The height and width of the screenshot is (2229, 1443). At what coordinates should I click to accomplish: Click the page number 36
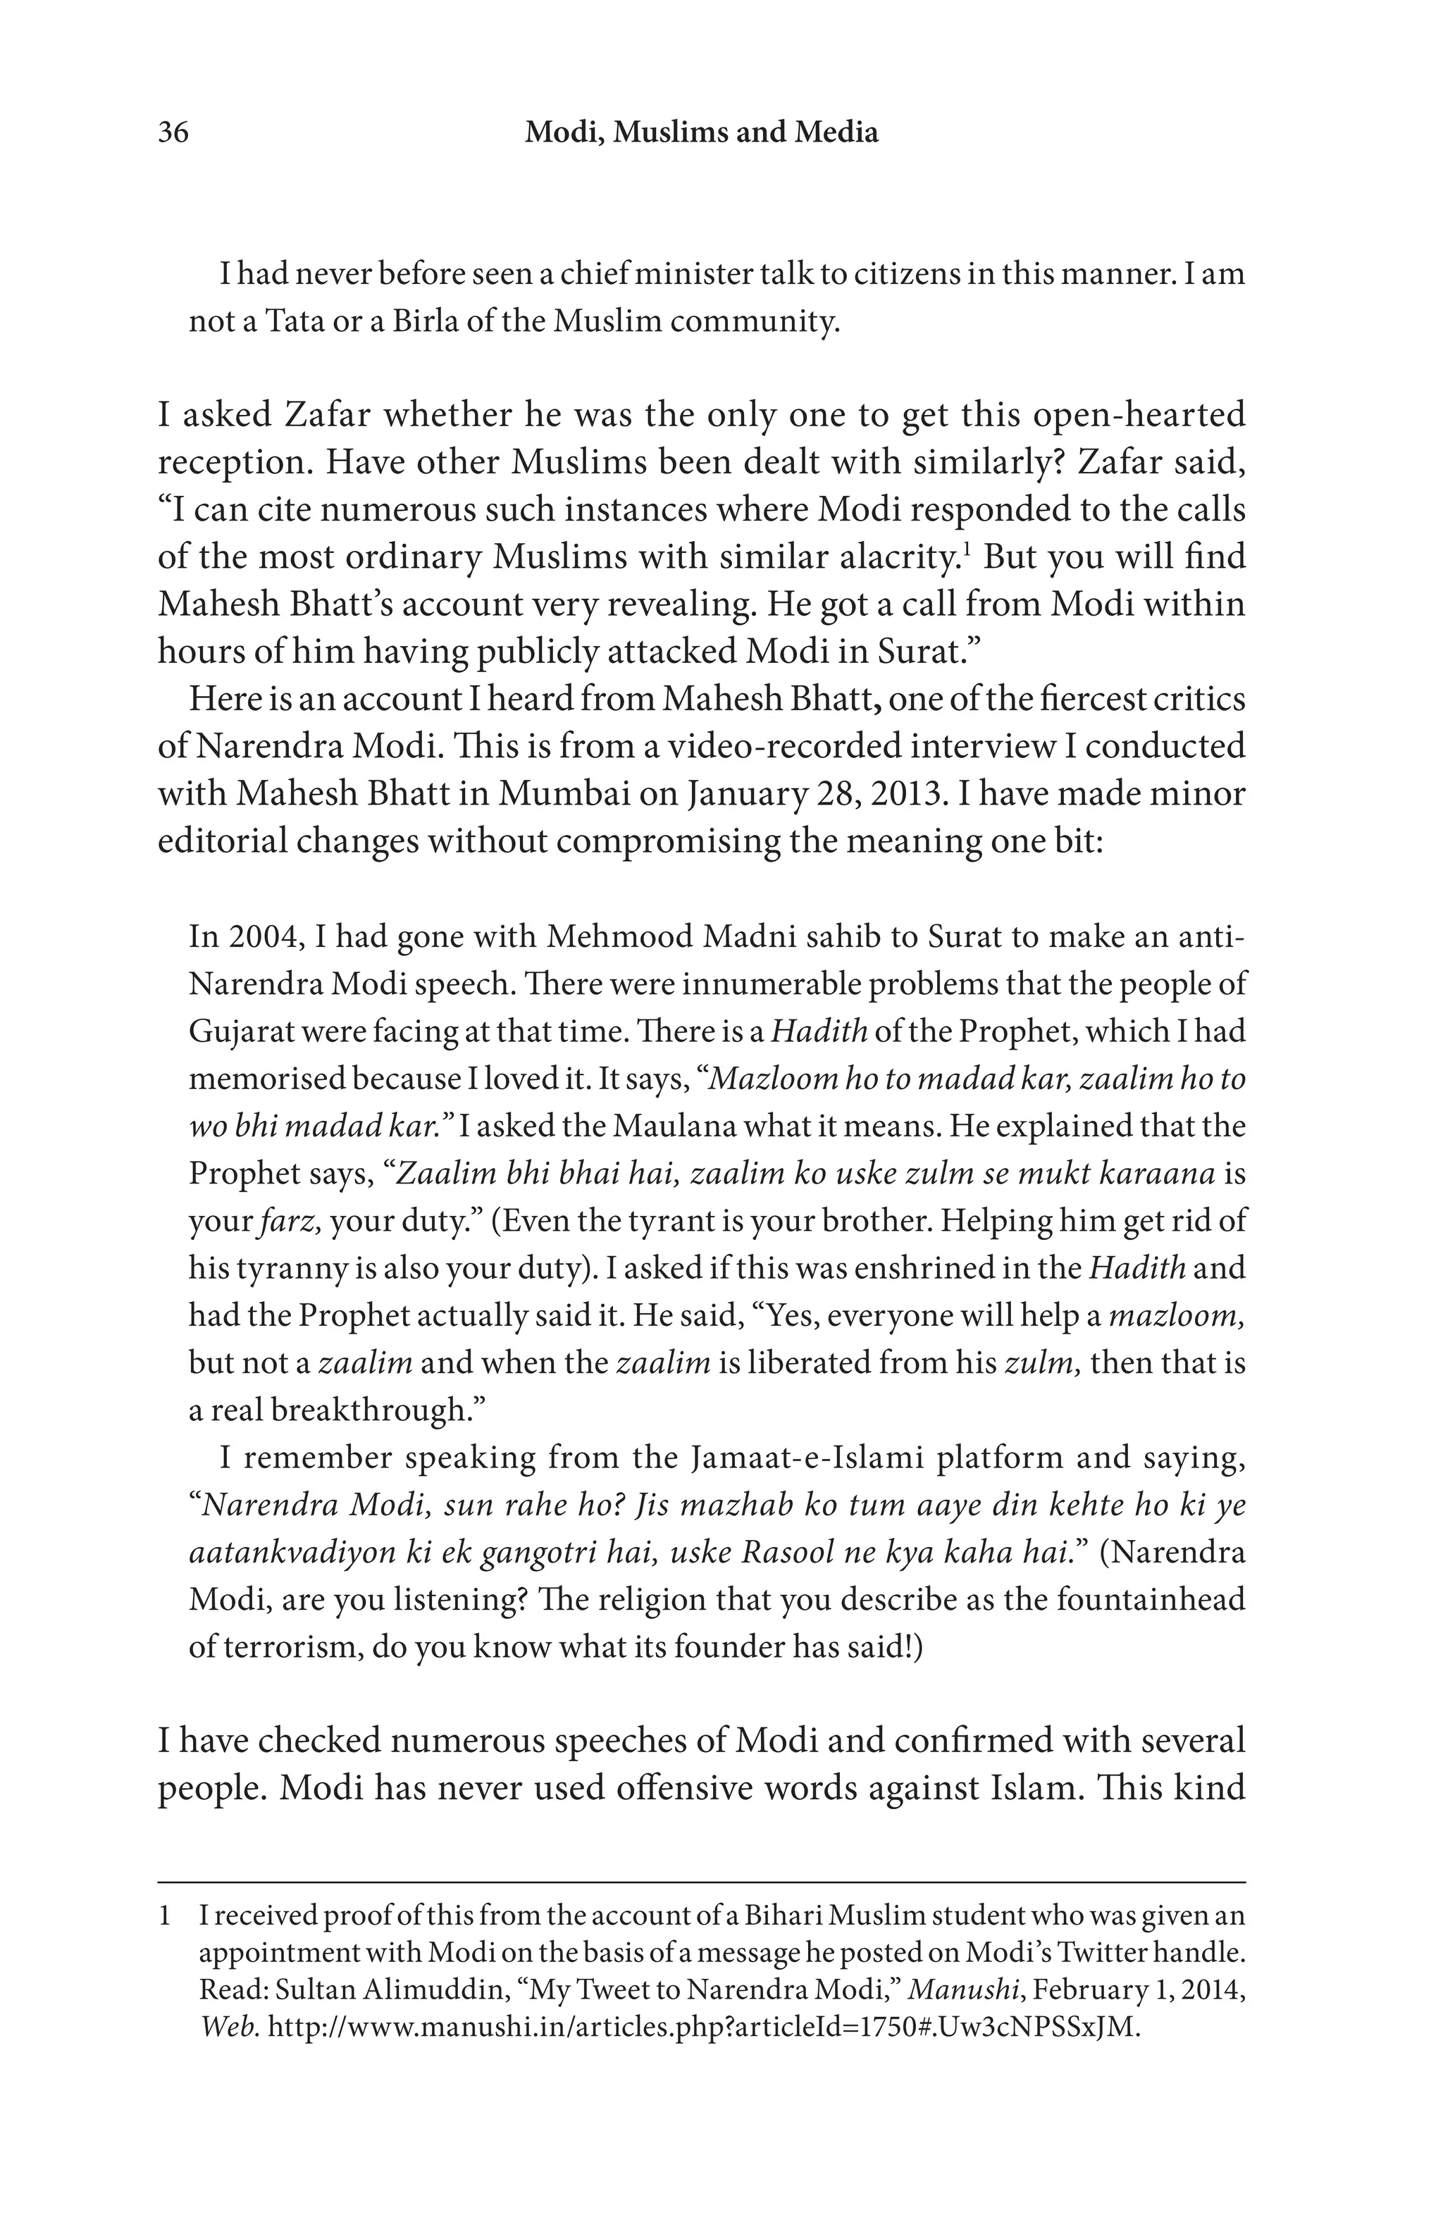coord(173,133)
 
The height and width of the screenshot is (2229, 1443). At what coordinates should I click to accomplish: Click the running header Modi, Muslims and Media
coord(700,133)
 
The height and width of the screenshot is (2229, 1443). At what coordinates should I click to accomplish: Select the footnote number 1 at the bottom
coord(165,1916)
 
